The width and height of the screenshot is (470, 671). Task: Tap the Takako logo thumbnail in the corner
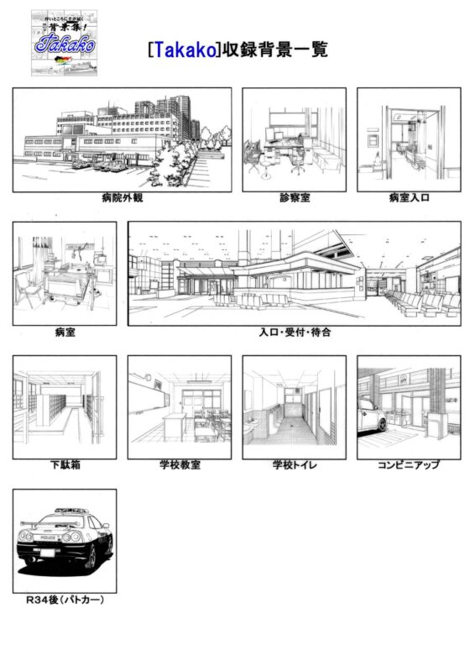[64, 44]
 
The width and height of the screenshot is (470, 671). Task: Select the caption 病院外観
[122, 199]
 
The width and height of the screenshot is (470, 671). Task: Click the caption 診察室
[295, 199]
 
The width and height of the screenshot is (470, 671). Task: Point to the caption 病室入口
[409, 199]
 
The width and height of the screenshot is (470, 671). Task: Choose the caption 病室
[65, 333]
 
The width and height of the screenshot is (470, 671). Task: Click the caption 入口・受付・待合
[295, 333]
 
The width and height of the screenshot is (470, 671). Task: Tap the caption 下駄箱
[65, 464]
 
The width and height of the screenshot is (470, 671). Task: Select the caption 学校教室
[180, 464]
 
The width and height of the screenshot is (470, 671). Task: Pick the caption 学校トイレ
[295, 464]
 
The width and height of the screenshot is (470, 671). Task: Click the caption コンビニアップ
[409, 464]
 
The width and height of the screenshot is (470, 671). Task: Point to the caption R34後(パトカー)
[65, 600]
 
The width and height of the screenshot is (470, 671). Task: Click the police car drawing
[65, 541]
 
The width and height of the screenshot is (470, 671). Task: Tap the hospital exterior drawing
[122, 139]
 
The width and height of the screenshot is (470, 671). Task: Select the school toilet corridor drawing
[295, 407]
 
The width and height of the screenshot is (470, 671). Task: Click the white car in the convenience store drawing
[370, 415]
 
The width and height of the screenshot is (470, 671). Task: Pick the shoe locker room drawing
[65, 407]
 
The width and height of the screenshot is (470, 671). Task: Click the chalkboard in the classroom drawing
[148, 392]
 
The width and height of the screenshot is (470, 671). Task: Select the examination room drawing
[295, 139]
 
